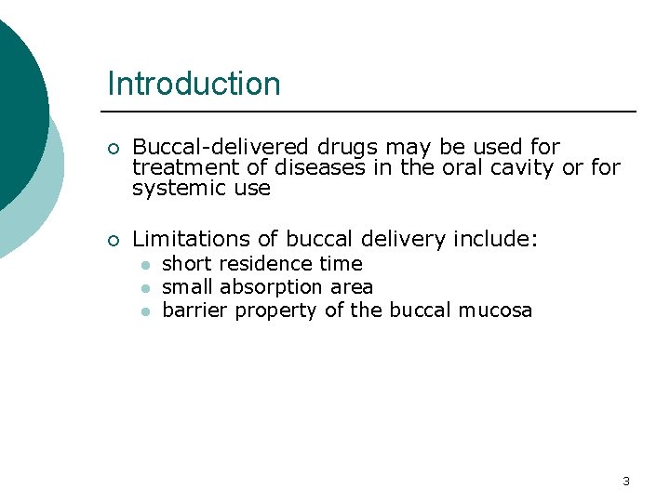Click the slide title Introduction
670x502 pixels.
click(x=194, y=84)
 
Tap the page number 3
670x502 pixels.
click(x=625, y=481)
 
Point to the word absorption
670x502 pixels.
click(x=272, y=287)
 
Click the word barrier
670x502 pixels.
click(x=194, y=310)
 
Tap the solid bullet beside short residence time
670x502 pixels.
click(x=145, y=265)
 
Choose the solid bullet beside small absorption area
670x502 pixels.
click(x=145, y=288)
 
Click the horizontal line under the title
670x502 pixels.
click(x=372, y=112)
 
